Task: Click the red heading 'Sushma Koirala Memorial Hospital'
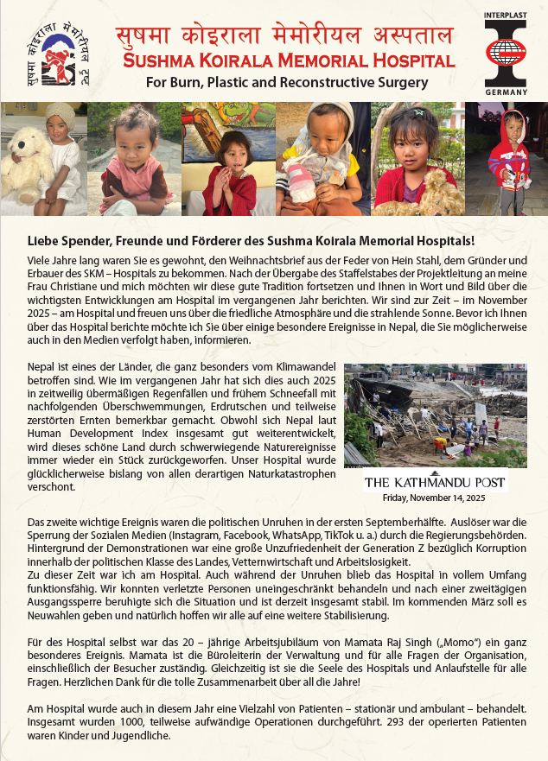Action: pyautogui.click(x=289, y=62)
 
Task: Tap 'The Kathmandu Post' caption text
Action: pyautogui.click(x=435, y=482)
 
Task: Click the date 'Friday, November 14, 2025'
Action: pyautogui.click(x=435, y=498)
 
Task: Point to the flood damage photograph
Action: pyautogui.click(x=435, y=415)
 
